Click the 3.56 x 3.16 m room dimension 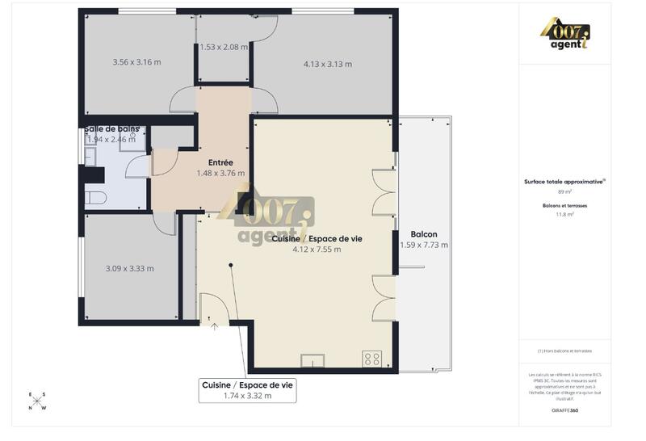136,62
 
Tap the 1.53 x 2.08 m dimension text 224,47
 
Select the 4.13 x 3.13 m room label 327,64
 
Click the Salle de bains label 111,128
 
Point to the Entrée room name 220,162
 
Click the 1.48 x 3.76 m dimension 220,173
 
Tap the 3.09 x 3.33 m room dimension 129,268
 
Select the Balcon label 424,233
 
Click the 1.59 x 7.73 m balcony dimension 424,245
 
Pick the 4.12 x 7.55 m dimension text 317,250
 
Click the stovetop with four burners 371,358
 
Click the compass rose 38,401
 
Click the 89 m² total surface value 564,191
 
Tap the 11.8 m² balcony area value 564,214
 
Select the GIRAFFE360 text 564,410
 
